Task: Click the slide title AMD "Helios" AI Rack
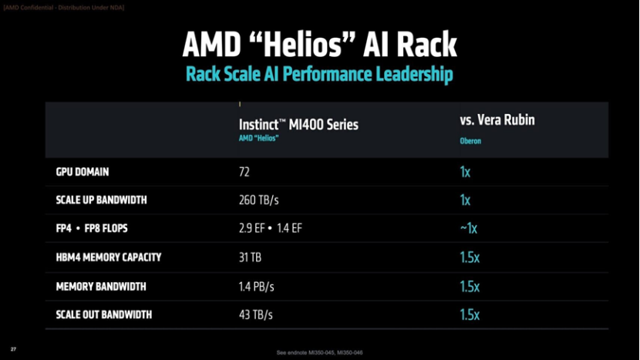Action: coord(319,45)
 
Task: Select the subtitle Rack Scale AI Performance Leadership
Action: coord(319,75)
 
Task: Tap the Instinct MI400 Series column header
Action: coord(298,124)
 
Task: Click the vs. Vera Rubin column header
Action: coord(497,120)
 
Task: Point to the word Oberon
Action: coord(470,141)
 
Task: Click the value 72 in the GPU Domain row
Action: coord(244,172)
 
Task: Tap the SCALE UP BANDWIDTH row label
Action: coord(101,200)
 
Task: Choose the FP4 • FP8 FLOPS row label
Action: coord(96,229)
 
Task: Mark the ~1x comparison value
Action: coord(468,229)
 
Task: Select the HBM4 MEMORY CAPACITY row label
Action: coord(108,257)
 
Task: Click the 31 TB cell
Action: coord(251,257)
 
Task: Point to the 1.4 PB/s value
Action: coord(256,286)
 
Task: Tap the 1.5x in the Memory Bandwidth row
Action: coord(469,286)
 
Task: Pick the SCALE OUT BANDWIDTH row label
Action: coord(103,315)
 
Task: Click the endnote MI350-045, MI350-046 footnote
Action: coord(319,352)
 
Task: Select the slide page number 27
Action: coord(13,349)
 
